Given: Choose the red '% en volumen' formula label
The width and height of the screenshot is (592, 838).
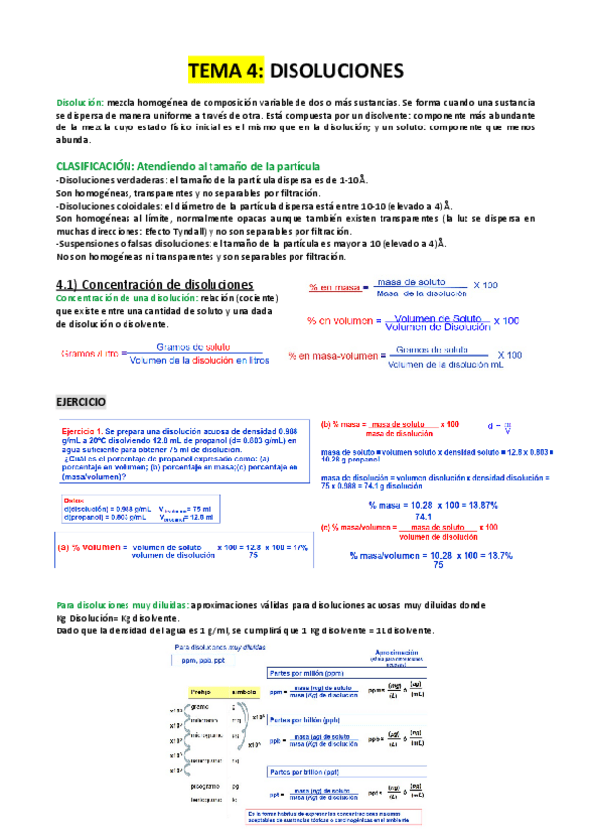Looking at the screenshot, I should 339,320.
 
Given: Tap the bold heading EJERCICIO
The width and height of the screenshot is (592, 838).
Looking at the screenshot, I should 87,402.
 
